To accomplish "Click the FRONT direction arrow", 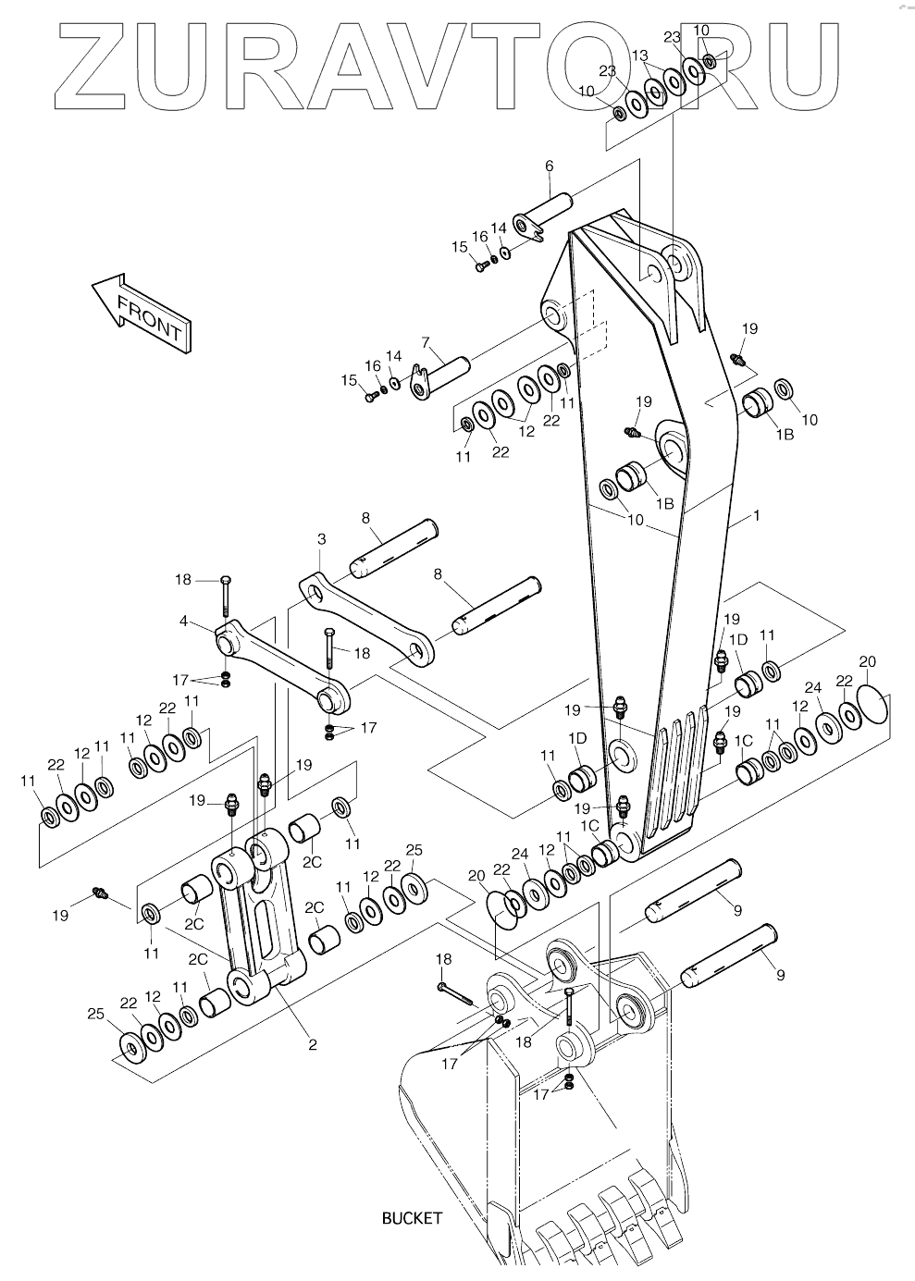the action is click(x=142, y=313).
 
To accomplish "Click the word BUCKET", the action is click(x=412, y=1219).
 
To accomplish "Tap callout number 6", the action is click(x=549, y=166).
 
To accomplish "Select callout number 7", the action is click(x=426, y=343).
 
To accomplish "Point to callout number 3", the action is click(x=322, y=538).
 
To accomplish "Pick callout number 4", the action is click(x=183, y=621).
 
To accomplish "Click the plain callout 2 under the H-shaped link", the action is click(x=312, y=1045).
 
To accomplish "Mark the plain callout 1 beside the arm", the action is click(x=757, y=515).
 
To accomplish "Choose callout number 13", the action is click(x=640, y=55).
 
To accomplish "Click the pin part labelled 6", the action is click(x=543, y=217).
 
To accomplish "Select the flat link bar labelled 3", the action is click(x=366, y=621).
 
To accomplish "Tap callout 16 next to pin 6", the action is click(x=480, y=236).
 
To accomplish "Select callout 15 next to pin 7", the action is click(x=350, y=380).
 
